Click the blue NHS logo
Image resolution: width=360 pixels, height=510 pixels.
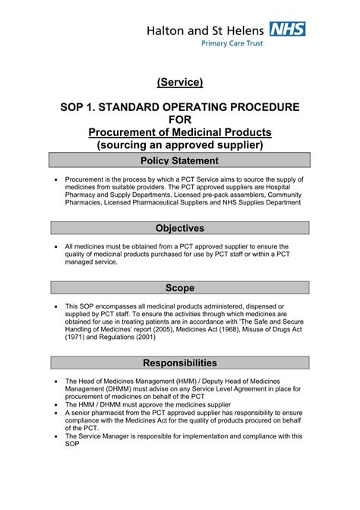(289, 30)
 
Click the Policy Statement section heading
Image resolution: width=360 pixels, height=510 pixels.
(180, 160)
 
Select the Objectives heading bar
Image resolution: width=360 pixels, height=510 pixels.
(180, 228)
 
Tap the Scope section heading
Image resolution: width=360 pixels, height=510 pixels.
(180, 288)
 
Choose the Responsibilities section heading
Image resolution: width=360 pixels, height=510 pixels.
(180, 363)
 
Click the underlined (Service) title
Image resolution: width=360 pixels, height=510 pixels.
(180, 81)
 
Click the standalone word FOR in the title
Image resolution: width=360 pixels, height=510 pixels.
(180, 119)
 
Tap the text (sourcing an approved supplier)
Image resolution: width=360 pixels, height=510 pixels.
(180, 145)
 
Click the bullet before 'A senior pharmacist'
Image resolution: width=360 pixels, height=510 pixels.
(58, 413)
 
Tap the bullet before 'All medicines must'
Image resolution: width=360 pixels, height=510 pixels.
(58, 247)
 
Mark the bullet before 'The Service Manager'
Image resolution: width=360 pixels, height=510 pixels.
(58, 436)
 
